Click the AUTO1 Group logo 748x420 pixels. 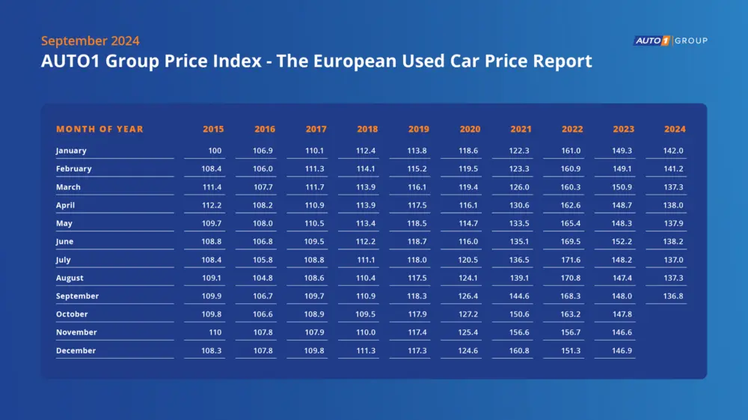click(x=670, y=40)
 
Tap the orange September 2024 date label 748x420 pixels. click(x=90, y=41)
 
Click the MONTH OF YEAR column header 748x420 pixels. click(x=99, y=130)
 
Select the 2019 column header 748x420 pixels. click(x=419, y=130)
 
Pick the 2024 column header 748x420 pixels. click(x=675, y=130)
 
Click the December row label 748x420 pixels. click(x=76, y=350)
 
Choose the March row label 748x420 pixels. click(x=68, y=187)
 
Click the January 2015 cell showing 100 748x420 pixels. click(x=215, y=150)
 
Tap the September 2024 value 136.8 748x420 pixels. click(x=674, y=296)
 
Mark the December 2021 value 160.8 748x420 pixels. click(x=521, y=350)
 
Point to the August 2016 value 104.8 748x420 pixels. click(x=263, y=278)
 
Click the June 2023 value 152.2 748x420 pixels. click(x=622, y=242)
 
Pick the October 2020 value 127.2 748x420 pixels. click(x=470, y=314)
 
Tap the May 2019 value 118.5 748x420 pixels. click(x=418, y=223)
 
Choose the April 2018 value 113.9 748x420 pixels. click(x=367, y=205)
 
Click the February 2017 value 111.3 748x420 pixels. click(x=316, y=168)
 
